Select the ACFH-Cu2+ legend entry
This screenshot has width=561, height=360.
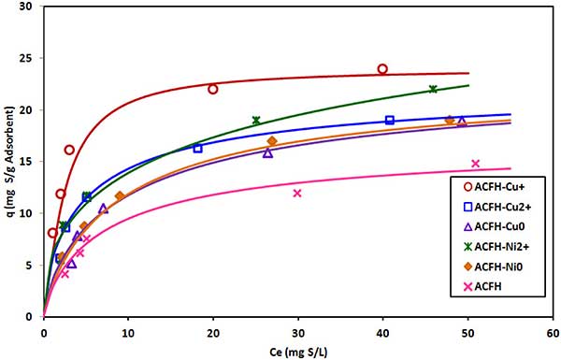click(497, 207)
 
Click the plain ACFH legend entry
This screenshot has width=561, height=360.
click(482, 286)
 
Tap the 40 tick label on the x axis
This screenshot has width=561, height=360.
click(382, 334)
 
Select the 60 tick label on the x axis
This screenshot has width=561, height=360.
click(553, 334)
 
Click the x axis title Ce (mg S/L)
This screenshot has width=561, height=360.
click(298, 353)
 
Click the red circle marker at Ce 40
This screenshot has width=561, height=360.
click(382, 69)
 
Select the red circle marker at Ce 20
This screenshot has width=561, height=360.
click(213, 90)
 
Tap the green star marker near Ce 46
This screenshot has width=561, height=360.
click(433, 89)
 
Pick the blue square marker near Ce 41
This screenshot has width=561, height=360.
click(390, 121)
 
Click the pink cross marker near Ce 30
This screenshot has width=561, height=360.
click(297, 194)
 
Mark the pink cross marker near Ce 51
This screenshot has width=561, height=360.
click(475, 164)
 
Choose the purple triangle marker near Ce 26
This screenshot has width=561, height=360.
click(267, 153)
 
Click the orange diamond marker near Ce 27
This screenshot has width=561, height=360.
click(272, 141)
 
